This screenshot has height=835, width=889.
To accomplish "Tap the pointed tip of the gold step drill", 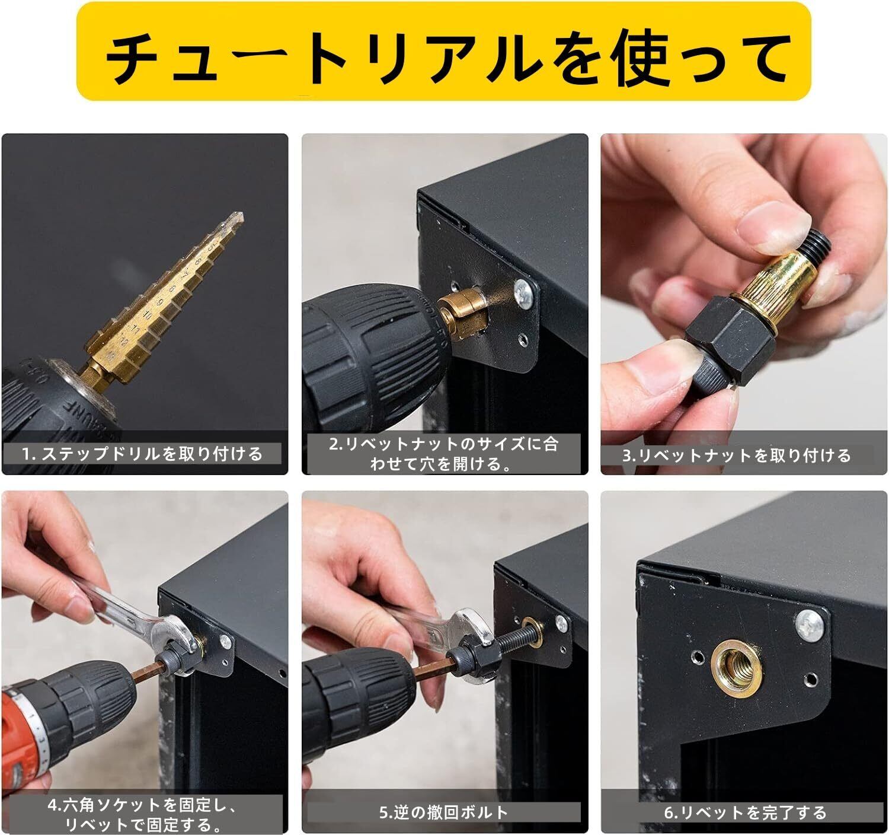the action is [x=242, y=215].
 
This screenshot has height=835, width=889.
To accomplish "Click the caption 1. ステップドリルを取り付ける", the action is [x=142, y=454].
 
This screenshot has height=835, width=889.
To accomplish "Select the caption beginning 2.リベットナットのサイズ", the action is [x=443, y=453].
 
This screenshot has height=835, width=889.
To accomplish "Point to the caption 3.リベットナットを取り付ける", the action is [x=736, y=455].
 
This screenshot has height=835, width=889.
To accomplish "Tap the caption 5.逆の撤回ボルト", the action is [x=443, y=812].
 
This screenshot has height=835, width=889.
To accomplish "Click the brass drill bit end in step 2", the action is [x=464, y=312].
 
